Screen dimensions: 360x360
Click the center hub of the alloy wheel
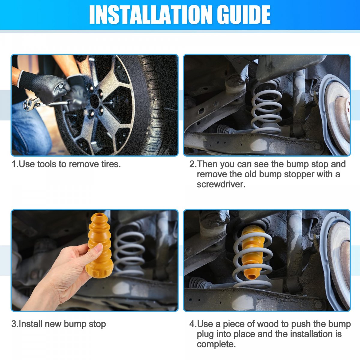tap(95, 102)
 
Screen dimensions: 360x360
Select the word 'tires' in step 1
tap(111, 164)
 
